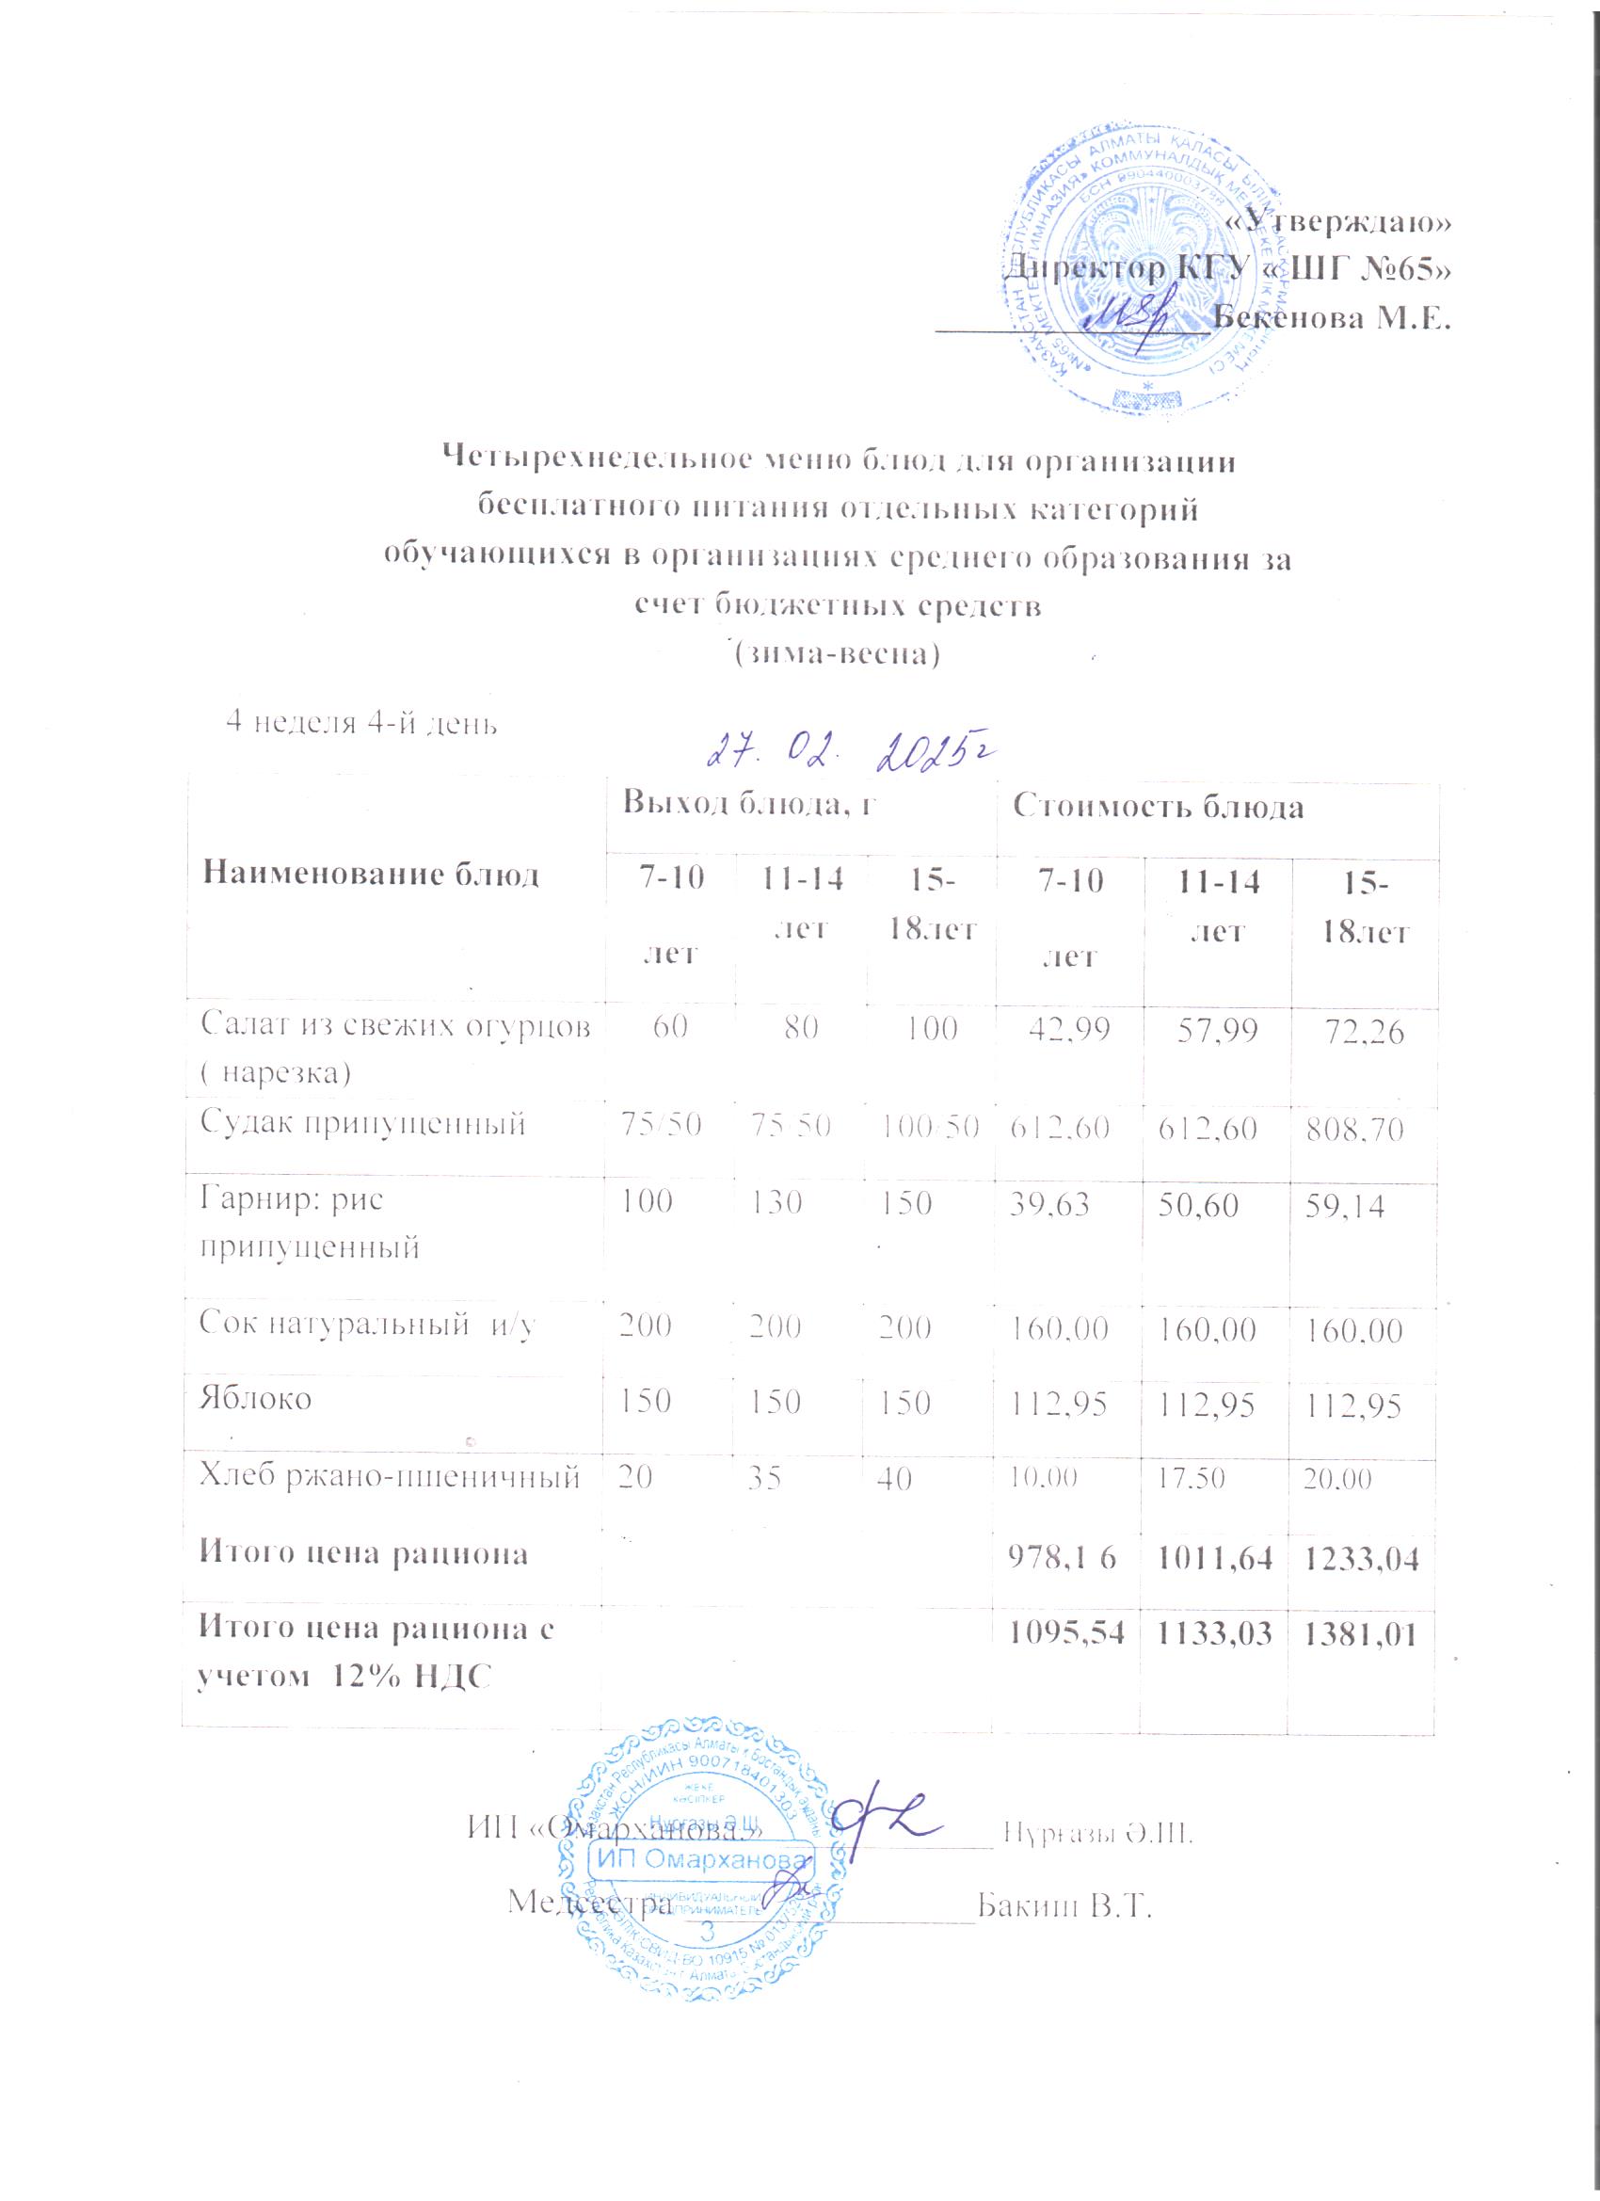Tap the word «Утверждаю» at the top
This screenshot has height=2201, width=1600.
click(x=1339, y=223)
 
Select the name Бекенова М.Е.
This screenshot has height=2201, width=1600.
click(x=1332, y=317)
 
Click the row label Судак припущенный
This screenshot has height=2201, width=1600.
click(x=362, y=1124)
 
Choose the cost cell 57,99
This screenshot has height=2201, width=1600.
click(x=1217, y=1033)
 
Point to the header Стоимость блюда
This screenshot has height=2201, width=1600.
click(x=1158, y=807)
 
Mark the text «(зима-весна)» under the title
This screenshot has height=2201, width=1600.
click(x=836, y=653)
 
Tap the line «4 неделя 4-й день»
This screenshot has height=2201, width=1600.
click(x=361, y=722)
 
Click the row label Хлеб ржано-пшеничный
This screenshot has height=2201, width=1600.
click(x=389, y=1477)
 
